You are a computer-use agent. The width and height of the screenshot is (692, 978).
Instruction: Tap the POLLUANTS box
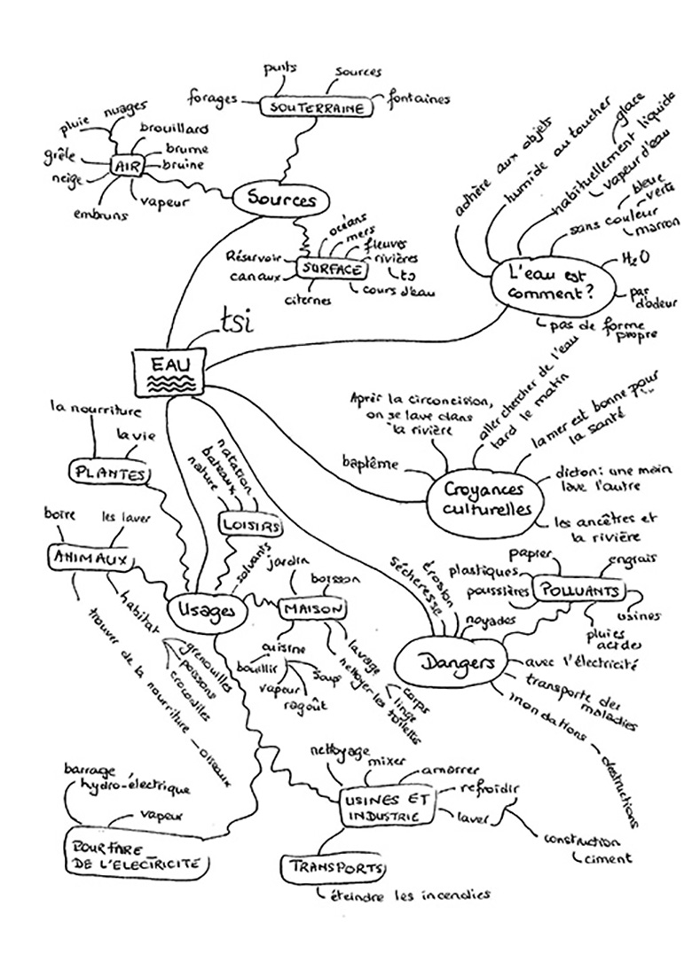click(x=580, y=591)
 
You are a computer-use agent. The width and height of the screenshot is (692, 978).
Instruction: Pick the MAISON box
click(x=311, y=608)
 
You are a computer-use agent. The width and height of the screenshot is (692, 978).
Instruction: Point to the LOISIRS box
click(x=250, y=526)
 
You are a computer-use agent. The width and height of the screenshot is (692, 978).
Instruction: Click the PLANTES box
click(x=109, y=473)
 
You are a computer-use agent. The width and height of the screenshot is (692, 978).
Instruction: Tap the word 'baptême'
click(x=369, y=462)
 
